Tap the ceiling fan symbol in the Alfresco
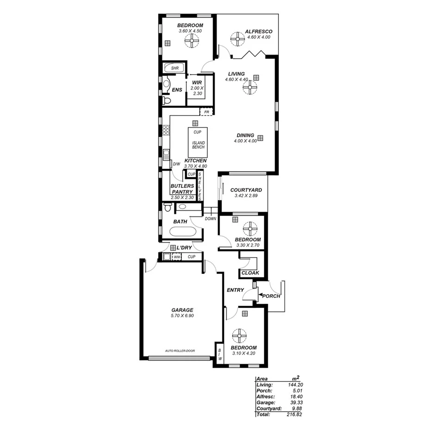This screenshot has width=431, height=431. point(238,39)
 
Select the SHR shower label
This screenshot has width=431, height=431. point(175,68)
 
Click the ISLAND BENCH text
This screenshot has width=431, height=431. point(197,144)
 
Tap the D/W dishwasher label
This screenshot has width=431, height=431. point(176,164)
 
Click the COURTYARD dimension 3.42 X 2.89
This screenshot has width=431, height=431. point(246,196)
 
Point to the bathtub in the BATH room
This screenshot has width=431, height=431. point(186,231)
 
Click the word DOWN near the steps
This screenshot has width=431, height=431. point(210,219)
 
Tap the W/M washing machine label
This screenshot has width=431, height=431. point(177,257)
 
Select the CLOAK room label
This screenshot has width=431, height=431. point(251,273)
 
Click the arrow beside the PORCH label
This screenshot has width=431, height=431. point(260,295)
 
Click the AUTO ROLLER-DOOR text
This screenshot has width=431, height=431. point(180,351)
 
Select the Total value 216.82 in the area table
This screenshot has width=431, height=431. point(295,414)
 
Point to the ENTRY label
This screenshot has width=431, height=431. point(235,290)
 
